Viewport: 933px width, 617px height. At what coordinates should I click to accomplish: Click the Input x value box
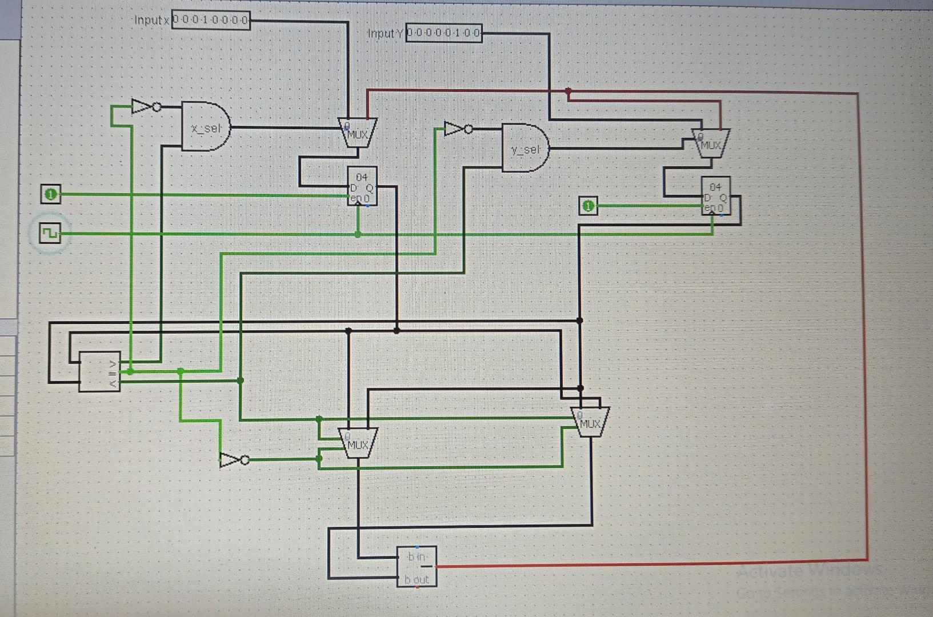click(x=211, y=21)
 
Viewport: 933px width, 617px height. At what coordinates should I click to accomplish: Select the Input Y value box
click(x=444, y=33)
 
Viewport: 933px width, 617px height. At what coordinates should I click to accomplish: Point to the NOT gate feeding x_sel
click(x=145, y=106)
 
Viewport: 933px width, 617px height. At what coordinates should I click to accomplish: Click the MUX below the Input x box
click(x=358, y=133)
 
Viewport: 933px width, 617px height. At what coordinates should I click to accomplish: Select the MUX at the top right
click(x=710, y=142)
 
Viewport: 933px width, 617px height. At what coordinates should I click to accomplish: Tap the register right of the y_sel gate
click(x=716, y=196)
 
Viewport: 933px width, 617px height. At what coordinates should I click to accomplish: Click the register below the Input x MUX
click(x=362, y=186)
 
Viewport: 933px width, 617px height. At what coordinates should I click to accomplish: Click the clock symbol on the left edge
click(x=50, y=233)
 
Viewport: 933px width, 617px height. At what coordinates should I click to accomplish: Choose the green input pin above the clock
click(x=50, y=194)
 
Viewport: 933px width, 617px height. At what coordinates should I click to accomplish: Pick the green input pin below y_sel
click(x=588, y=206)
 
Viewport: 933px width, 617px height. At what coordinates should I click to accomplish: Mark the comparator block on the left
click(x=99, y=371)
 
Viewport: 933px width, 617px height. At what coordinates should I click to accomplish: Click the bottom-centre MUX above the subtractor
click(x=358, y=442)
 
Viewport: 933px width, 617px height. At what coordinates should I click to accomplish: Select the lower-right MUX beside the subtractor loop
click(x=590, y=422)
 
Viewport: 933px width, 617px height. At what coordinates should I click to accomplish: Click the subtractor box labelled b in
click(x=417, y=566)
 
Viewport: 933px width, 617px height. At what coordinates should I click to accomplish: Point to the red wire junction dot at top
click(x=568, y=91)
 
